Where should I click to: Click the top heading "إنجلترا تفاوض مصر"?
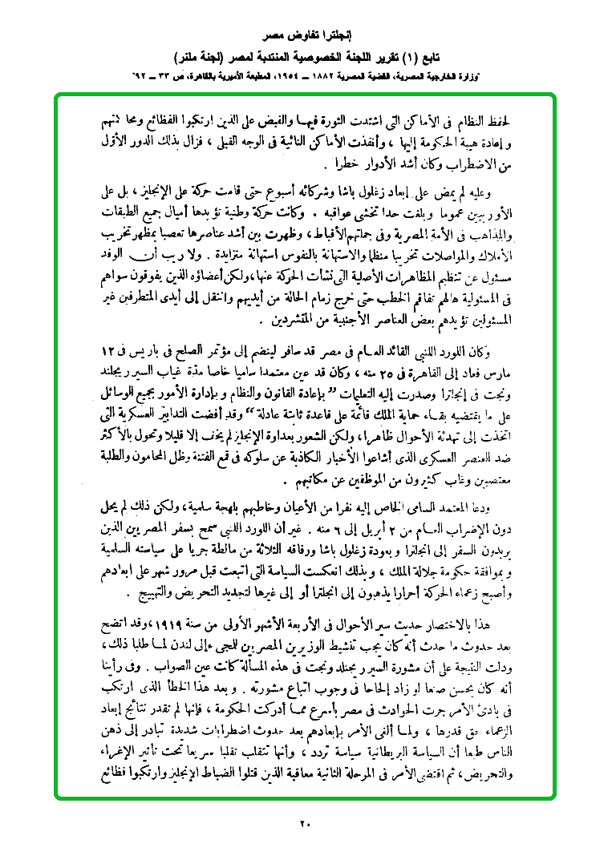coord(304,37)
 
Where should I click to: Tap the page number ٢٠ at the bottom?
coord(304,823)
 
